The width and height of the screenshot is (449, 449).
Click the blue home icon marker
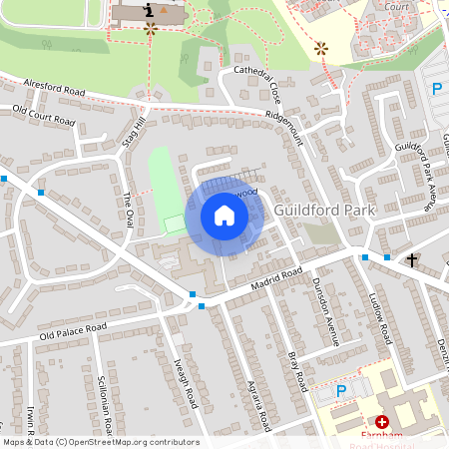[224, 215]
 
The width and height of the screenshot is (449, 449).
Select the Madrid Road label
[277, 280]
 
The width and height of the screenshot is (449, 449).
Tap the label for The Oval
[127, 212]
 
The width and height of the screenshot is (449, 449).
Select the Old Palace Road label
[72, 330]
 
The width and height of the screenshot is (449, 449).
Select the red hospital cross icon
[382, 423]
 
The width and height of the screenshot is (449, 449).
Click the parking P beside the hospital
[340, 391]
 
